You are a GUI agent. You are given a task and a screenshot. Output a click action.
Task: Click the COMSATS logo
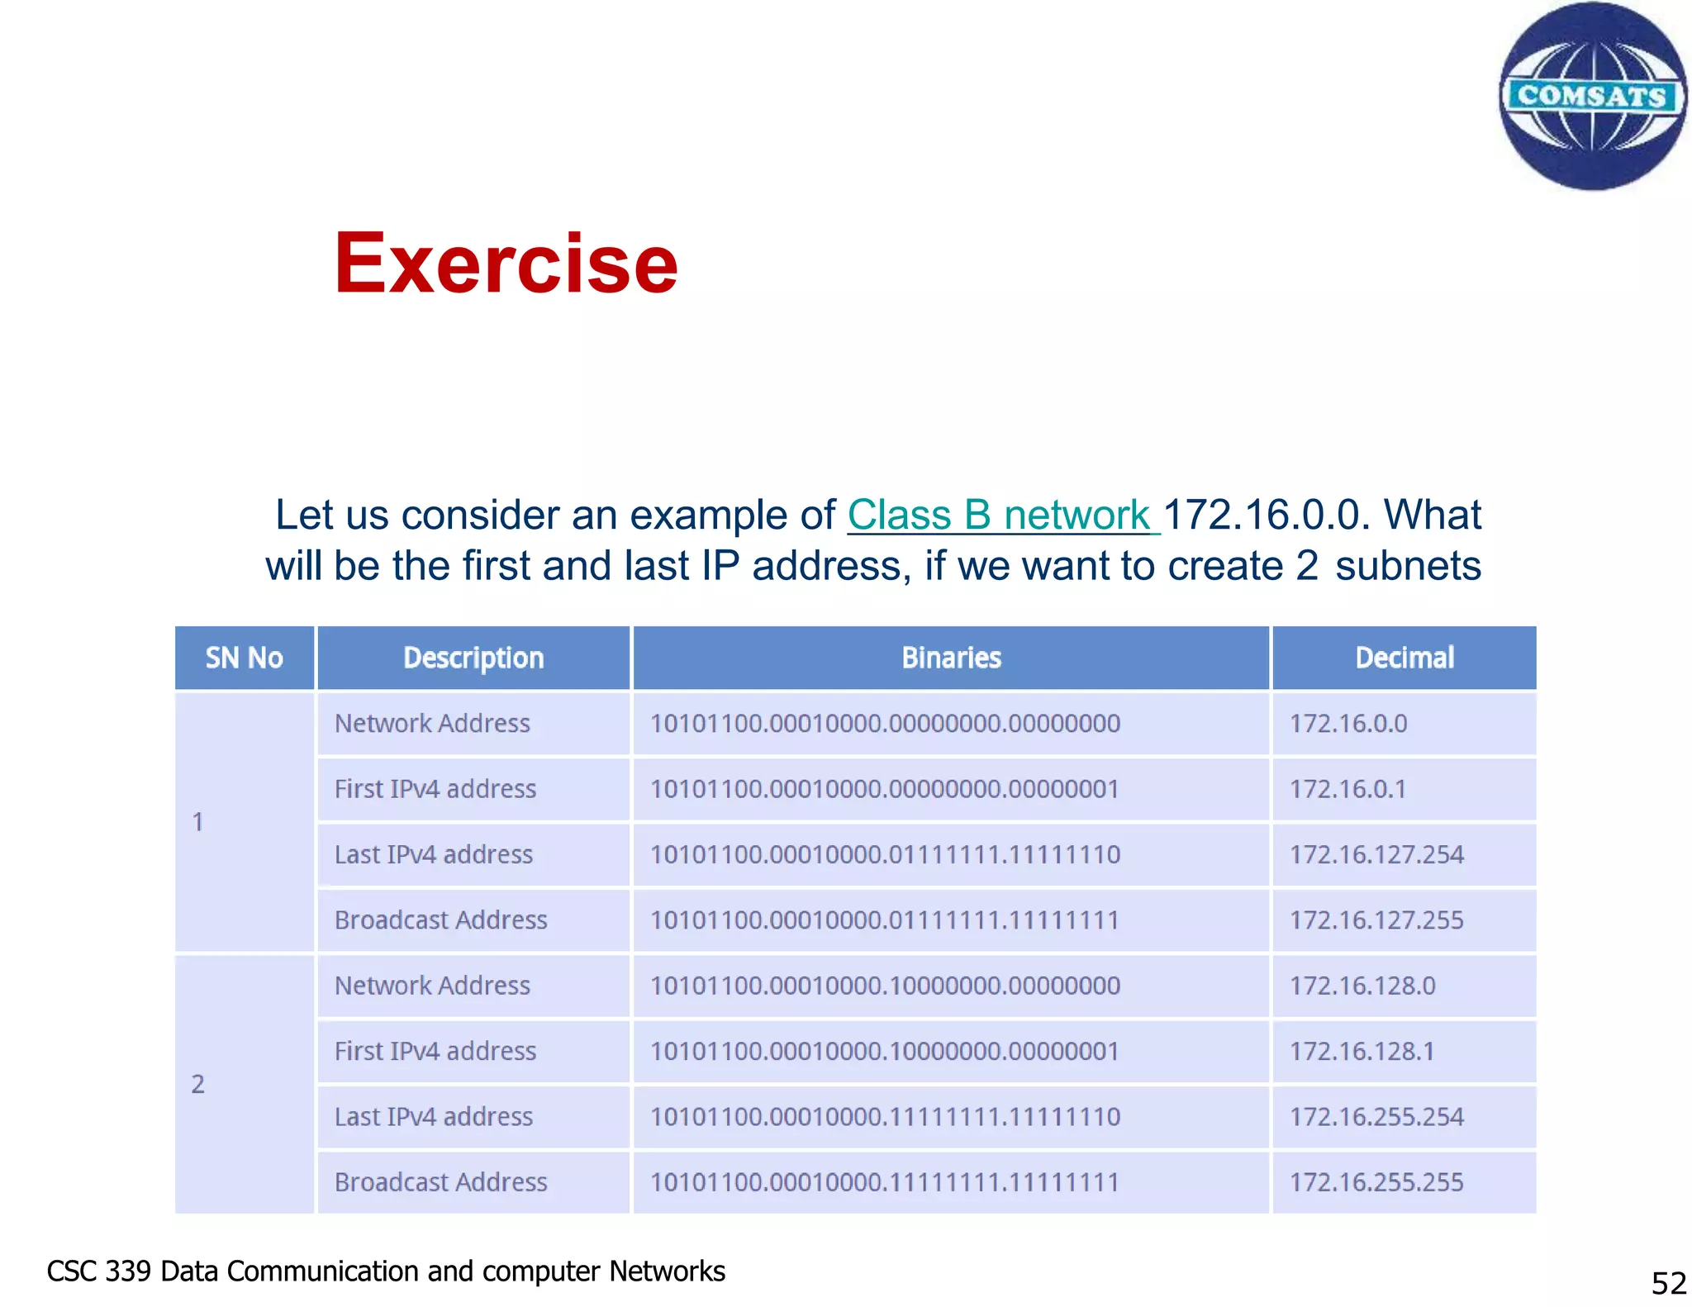[x=1592, y=96]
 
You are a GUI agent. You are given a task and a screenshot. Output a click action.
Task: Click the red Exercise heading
[x=506, y=264]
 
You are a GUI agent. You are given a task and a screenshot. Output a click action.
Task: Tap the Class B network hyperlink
[x=1002, y=515]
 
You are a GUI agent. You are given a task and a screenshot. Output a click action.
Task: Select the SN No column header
[x=245, y=658]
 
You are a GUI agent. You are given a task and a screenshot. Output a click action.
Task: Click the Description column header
[x=473, y=658]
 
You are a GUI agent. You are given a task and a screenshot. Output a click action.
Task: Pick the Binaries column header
[x=951, y=658]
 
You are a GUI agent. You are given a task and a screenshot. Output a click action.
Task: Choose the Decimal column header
[x=1404, y=658]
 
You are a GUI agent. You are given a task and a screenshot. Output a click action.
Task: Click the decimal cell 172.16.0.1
[x=1347, y=789]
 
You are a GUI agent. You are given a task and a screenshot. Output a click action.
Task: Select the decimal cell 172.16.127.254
[x=1376, y=854]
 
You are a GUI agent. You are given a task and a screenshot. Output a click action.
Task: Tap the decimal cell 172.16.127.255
[x=1376, y=920]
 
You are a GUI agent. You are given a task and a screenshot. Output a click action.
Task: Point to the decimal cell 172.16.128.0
[x=1362, y=986]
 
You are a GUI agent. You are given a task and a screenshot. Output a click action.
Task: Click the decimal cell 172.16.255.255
[x=1376, y=1182]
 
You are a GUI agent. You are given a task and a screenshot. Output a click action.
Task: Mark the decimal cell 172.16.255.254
[x=1376, y=1117]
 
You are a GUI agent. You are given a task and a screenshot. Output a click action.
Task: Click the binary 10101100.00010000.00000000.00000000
[x=885, y=724]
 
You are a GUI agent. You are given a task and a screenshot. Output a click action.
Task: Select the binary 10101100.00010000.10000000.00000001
[x=885, y=1051]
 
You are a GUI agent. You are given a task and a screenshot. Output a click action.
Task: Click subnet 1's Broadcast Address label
[x=440, y=920]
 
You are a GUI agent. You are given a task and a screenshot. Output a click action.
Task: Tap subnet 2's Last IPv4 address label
[x=434, y=1117]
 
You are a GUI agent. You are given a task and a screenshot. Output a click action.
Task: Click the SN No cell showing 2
[x=198, y=1084]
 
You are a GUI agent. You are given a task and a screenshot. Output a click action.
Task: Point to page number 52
[x=1668, y=1283]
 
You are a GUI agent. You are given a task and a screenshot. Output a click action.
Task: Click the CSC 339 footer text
[x=386, y=1271]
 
